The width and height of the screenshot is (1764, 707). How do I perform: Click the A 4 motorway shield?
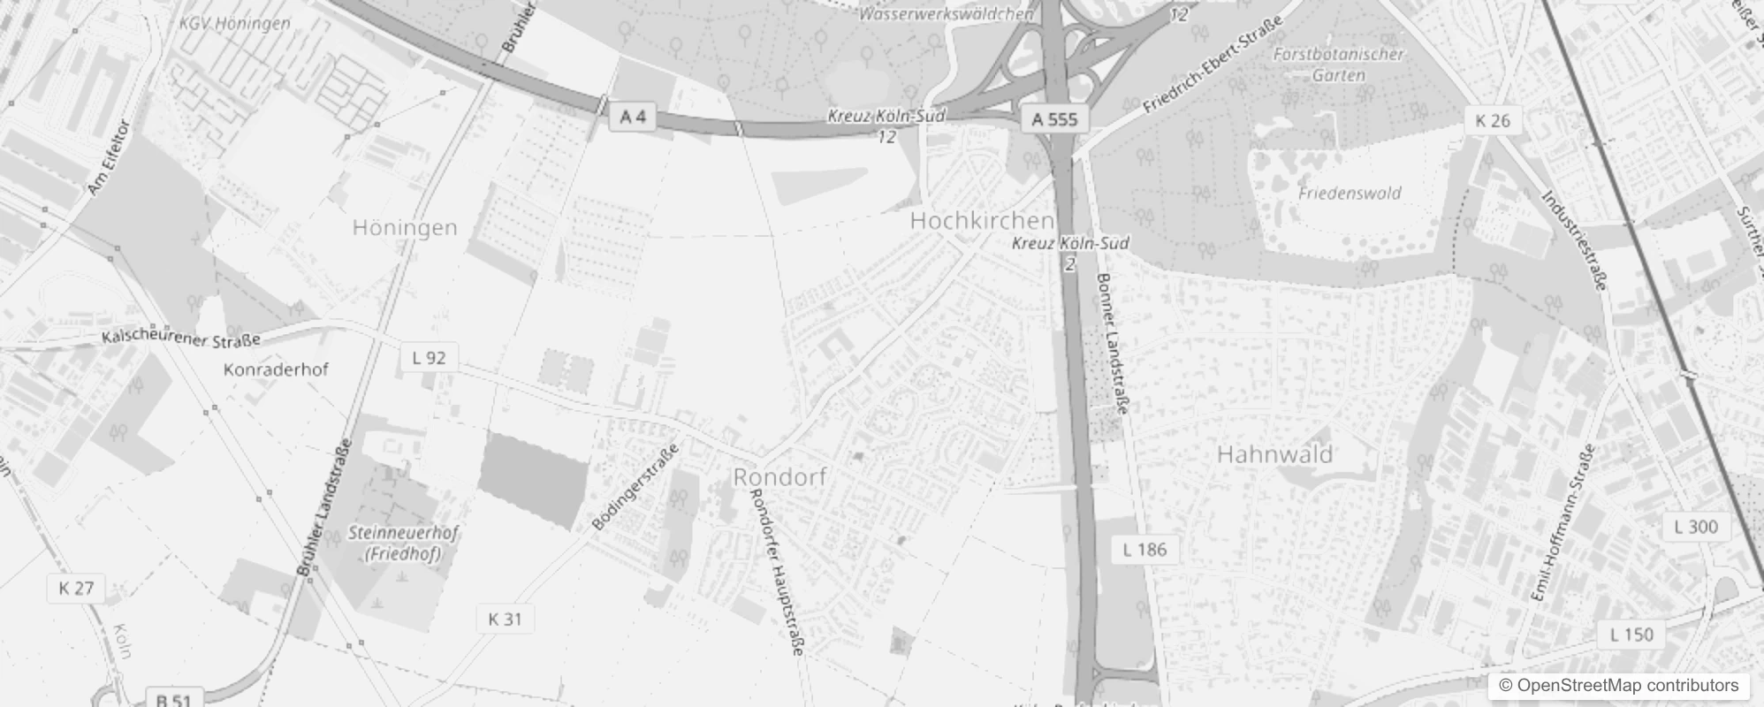coord(633,117)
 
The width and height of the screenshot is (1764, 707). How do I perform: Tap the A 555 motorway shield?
coord(1055,119)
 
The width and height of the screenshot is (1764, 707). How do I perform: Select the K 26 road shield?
coord(1493,121)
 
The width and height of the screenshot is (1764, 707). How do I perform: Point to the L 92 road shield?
coord(429,358)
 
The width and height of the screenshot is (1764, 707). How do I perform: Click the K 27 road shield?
coord(76,589)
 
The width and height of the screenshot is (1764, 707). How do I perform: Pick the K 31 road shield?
coord(505,620)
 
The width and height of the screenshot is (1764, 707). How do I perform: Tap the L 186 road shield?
coord(1144,550)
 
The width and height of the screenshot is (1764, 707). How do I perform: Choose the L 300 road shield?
coord(1696,528)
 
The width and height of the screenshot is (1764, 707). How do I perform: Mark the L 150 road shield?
coord(1631,635)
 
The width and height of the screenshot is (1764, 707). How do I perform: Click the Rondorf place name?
coord(780,477)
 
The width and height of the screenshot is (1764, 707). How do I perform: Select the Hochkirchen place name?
coord(982,220)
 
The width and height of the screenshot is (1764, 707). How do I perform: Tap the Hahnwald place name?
coord(1274,454)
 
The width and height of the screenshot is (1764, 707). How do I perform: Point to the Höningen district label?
coord(405,227)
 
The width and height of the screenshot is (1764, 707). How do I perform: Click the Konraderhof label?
coord(276,369)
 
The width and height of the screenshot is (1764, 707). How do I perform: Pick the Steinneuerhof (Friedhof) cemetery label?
coord(403,544)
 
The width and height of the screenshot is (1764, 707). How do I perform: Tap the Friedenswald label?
coord(1350,193)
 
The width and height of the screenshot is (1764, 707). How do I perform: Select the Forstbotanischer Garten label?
coord(1338,65)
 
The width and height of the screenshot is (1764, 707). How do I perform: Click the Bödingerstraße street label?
coord(635,486)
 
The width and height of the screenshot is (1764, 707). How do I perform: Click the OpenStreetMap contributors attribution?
coord(1617,686)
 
